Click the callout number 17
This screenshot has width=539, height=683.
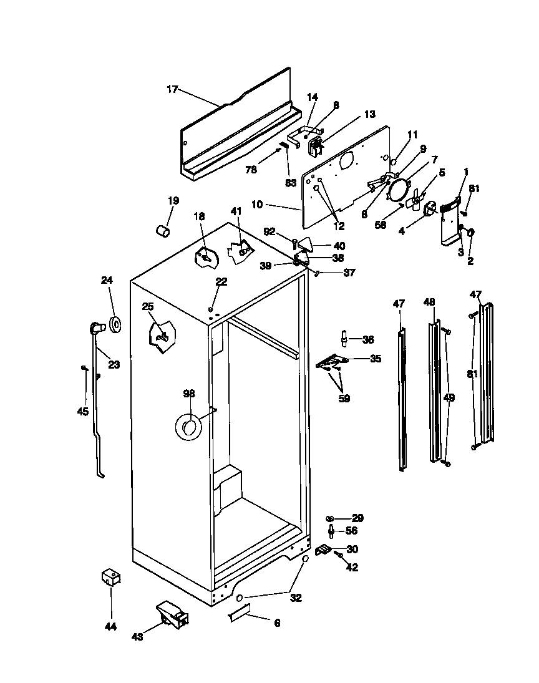[x=172, y=89]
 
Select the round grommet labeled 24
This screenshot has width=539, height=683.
[x=115, y=324]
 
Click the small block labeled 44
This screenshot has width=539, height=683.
[x=110, y=578]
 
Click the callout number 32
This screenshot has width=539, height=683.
[x=296, y=598]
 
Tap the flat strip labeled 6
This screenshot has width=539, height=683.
[x=239, y=614]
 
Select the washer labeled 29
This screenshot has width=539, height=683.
[x=331, y=519]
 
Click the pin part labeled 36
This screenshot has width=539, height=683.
[x=343, y=339]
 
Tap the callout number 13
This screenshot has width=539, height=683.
[x=370, y=114]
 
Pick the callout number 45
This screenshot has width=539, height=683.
[x=83, y=412]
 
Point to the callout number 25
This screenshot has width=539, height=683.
[x=147, y=306]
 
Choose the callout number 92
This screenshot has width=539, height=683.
[x=269, y=232]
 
